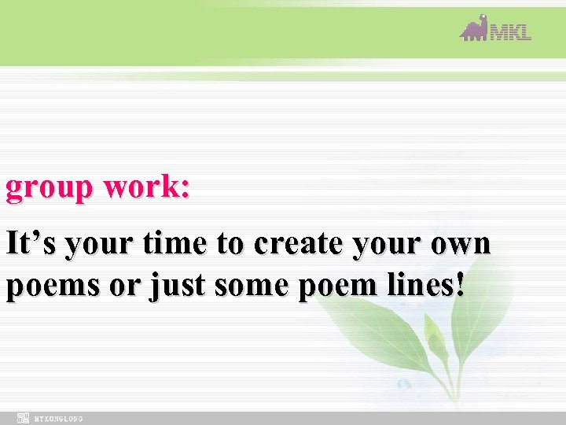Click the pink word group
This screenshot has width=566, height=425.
coord(48,190)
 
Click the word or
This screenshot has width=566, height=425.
coord(123,286)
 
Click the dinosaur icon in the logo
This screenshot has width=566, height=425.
coord(474,28)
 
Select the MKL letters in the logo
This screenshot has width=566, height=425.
coord(511,32)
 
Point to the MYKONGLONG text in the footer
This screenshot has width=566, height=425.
coord(59,418)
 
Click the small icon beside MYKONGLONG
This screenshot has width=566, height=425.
coord(24,418)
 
